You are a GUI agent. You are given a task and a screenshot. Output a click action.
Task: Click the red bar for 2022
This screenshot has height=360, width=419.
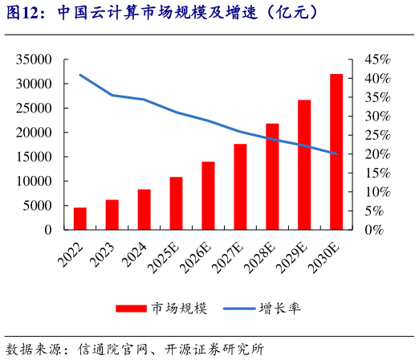[x=80, y=219]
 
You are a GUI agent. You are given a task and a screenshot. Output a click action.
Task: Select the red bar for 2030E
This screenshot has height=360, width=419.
[x=336, y=152]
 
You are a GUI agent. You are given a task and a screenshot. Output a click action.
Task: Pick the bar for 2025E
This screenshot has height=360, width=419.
[x=176, y=203]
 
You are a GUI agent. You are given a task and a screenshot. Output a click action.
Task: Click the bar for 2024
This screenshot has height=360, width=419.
[x=144, y=209]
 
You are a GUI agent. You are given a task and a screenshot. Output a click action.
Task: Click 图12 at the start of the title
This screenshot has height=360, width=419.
[x=21, y=13]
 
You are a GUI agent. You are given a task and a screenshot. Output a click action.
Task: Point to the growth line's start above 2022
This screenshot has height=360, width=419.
[x=80, y=75]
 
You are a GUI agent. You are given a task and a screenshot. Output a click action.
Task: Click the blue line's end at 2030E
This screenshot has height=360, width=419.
[x=336, y=153]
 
